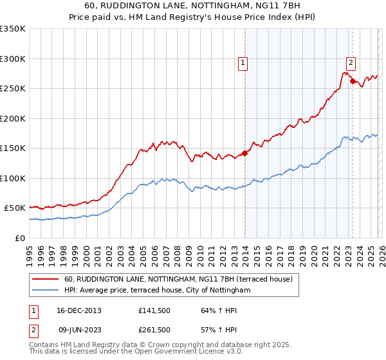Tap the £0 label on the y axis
click(x=20, y=238)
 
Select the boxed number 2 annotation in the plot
click(x=351, y=63)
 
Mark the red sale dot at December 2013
click(x=245, y=153)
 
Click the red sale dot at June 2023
click(x=353, y=81)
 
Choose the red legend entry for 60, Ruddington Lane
click(x=178, y=279)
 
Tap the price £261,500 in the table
click(x=154, y=330)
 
